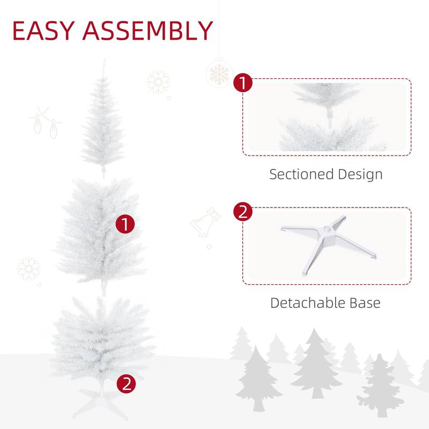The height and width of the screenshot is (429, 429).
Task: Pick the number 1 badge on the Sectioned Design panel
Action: pos(243,83)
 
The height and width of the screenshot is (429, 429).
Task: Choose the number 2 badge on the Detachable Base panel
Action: pos(243,212)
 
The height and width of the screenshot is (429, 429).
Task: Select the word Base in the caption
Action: pos(366,303)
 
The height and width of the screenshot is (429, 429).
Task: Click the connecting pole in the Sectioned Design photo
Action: pos(329,115)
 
